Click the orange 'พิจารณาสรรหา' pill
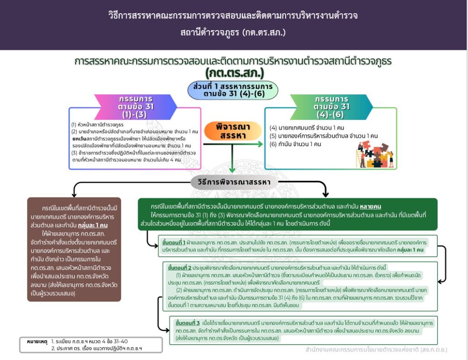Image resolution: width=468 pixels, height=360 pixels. click(233, 131)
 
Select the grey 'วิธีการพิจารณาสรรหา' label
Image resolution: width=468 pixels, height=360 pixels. click(234, 182)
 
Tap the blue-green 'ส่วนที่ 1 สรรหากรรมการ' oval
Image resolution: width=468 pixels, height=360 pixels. click(233, 90)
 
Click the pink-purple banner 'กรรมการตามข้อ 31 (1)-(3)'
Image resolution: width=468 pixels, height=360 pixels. click(135, 107)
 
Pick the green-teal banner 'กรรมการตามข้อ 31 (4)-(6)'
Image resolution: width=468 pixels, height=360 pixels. click(331, 107)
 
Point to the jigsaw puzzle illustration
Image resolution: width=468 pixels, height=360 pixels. click(375, 154)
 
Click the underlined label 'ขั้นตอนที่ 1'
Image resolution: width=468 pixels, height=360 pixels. click(174, 243)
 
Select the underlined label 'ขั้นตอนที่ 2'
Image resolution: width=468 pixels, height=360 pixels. click(180, 268)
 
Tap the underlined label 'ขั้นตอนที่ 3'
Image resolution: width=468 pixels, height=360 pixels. click(187, 323)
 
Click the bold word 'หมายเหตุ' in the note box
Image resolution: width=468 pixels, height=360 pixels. click(37, 341)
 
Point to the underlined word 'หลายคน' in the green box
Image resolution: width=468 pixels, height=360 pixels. click(370, 206)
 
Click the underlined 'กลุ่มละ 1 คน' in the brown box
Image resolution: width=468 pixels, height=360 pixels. click(92, 225)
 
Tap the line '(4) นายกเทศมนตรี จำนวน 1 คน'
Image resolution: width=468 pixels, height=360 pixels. click(307, 127)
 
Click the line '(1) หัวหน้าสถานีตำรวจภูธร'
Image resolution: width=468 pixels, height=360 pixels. click(97, 124)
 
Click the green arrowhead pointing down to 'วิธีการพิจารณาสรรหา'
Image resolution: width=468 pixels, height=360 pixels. click(232, 170)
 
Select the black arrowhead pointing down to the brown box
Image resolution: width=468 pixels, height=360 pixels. click(74, 194)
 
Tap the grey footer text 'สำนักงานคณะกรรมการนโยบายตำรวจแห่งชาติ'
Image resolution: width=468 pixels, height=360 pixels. click(362, 349)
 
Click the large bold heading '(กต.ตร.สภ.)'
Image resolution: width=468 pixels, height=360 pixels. click(234, 73)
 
